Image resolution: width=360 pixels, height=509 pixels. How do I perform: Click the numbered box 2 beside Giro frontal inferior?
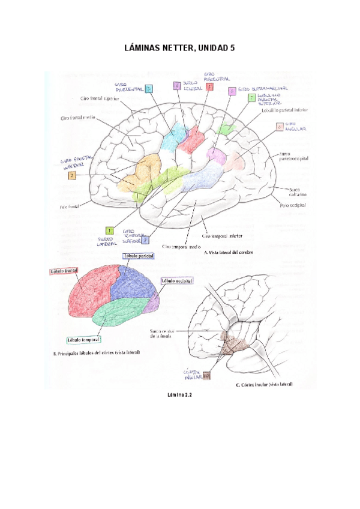pos(72,176)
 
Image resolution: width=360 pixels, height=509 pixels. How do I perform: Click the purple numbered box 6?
pos(232,91)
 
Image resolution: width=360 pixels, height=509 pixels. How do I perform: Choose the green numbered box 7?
pos(251,97)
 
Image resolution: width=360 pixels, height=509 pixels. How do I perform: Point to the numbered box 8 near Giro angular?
pos(279,127)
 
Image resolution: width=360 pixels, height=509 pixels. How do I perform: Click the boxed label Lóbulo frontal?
pos(64,271)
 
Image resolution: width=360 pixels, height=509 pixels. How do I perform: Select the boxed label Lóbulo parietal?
pos(139,256)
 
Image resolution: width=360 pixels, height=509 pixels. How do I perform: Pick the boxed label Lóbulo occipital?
pos(177,282)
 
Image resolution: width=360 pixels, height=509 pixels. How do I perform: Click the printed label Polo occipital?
pos(293,206)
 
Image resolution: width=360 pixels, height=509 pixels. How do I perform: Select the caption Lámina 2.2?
pos(179,395)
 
